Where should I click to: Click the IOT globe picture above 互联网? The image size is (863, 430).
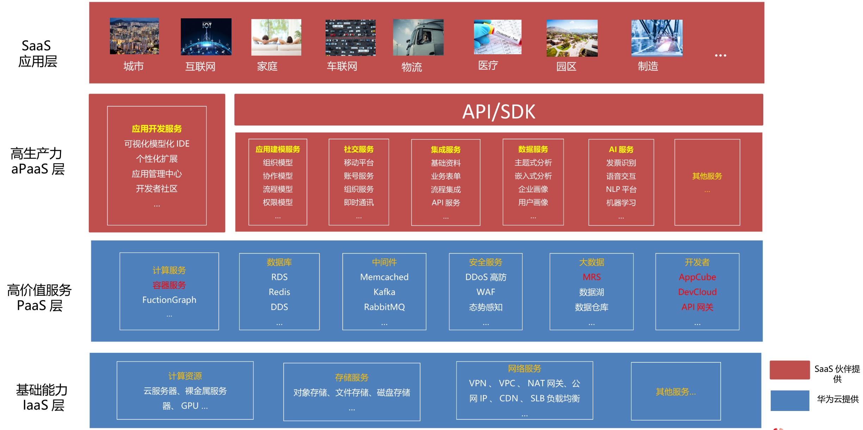coord(206,37)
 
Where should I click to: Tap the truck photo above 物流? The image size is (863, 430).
coord(418,37)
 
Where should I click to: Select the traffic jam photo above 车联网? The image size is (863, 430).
coord(350,37)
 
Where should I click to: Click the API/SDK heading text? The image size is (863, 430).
coord(499,112)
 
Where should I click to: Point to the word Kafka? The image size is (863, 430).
coord(384,292)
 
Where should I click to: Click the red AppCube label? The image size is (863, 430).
coord(697,277)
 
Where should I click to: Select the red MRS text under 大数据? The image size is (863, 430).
coord(591,277)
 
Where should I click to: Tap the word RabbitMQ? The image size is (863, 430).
coord(384,307)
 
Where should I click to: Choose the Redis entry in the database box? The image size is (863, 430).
coord(279,292)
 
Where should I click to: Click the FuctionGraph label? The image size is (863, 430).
coord(169,300)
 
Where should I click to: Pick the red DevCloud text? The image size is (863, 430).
coord(697,292)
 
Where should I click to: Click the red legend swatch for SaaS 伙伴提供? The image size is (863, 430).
coord(789,370)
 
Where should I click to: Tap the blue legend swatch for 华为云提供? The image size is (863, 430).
coord(789,400)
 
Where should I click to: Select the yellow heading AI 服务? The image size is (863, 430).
coord(621,149)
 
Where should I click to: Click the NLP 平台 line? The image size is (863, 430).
coord(621,189)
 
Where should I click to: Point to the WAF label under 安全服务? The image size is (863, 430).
coord(486,292)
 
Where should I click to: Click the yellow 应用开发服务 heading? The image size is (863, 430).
coord(157,129)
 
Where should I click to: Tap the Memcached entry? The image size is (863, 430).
coord(384,277)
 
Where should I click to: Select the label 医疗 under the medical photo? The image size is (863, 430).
coord(488,66)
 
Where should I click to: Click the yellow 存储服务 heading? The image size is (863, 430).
coord(352,378)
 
